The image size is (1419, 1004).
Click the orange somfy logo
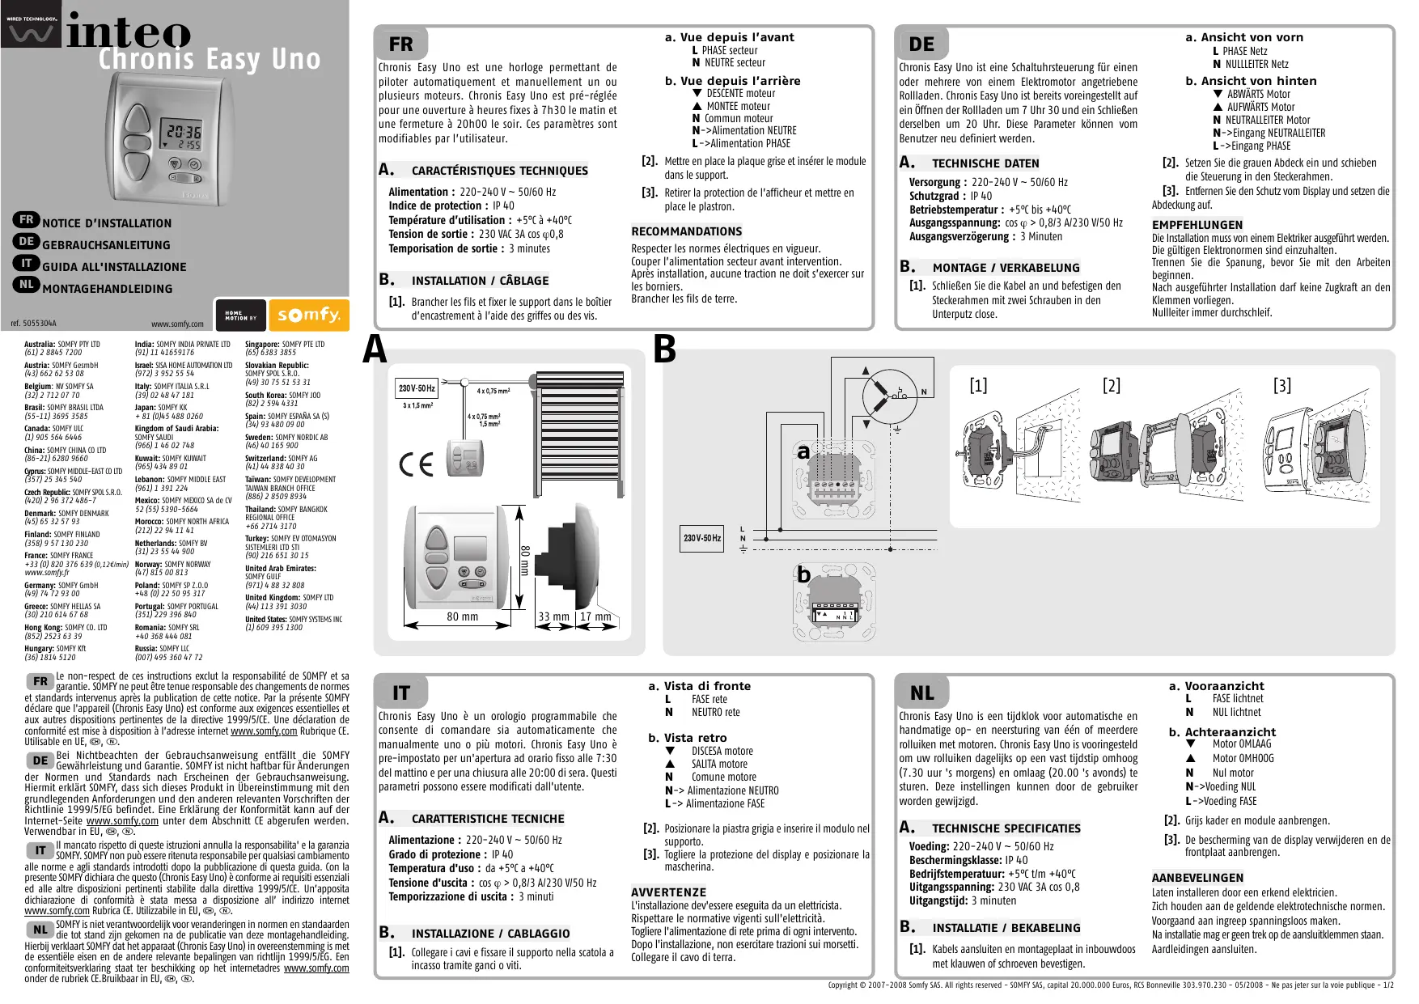pyautogui.click(x=308, y=315)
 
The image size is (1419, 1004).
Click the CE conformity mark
pyautogui.click(x=417, y=464)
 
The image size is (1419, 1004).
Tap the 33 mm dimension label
pyautogui.click(x=554, y=616)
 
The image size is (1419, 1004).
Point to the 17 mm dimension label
pyautogui.click(x=595, y=616)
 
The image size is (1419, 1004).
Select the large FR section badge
pyautogui.click(x=400, y=44)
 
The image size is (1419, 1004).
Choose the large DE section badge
pyautogui.click(x=921, y=44)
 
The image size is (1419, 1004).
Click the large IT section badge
pyautogui.click(x=400, y=693)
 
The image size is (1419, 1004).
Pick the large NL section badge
pyautogui.click(x=921, y=693)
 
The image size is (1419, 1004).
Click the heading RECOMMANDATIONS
pyautogui.click(x=686, y=231)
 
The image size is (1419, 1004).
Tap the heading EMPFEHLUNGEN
pyautogui.click(x=1197, y=225)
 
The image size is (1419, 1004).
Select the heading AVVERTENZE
pyautogui.click(x=668, y=892)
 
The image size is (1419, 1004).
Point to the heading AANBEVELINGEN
pyautogui.click(x=1197, y=878)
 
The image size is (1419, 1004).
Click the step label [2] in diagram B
pyautogui.click(x=1112, y=386)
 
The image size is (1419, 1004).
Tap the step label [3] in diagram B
pyautogui.click(x=1282, y=386)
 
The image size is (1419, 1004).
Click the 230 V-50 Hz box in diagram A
pyautogui.click(x=417, y=388)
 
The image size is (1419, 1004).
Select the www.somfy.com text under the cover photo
pyautogui.click(x=177, y=324)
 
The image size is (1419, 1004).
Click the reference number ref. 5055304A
pyautogui.click(x=34, y=324)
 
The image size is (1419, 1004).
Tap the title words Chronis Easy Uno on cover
pyautogui.click(x=210, y=59)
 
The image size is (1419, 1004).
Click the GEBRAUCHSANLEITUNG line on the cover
pyautogui.click(x=106, y=245)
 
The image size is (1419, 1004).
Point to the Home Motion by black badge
pyautogui.click(x=240, y=316)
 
